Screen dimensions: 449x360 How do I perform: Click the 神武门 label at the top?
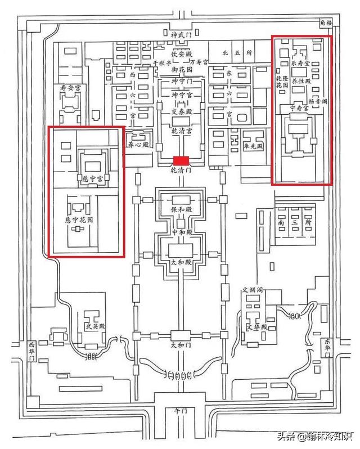(x=181, y=35)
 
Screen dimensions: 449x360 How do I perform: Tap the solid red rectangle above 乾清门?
(x=181, y=160)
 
